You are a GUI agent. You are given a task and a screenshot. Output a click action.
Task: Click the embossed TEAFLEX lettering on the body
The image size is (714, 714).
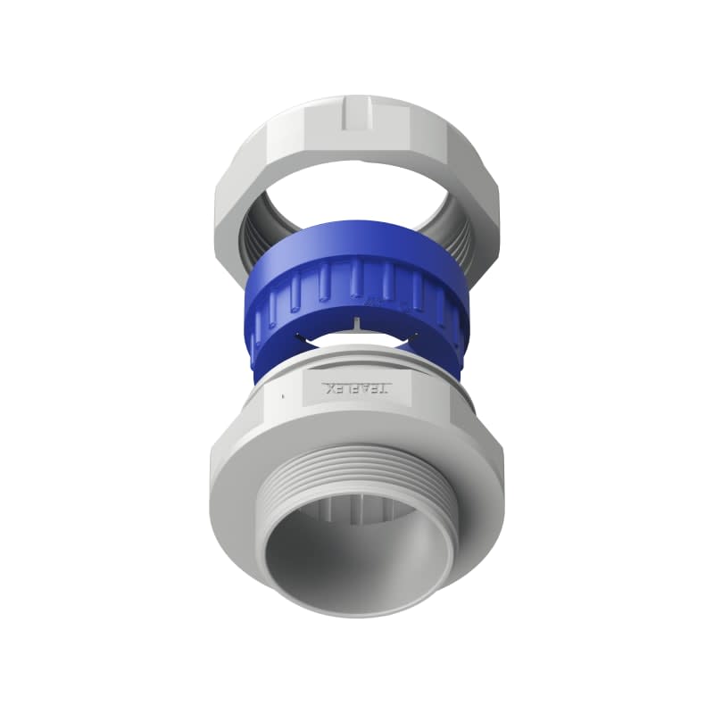tap(357, 388)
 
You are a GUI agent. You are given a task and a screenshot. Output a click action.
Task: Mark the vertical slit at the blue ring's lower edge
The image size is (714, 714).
tap(358, 324)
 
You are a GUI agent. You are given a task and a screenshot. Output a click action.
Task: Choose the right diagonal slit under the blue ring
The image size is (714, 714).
tap(411, 337)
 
